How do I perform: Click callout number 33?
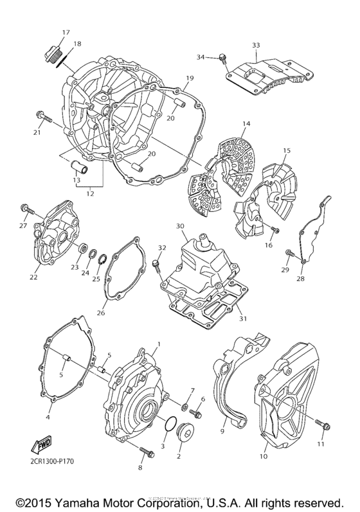256,46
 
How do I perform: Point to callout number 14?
246,124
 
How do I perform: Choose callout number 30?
181,226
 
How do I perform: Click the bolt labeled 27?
26,209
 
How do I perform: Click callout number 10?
263,457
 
